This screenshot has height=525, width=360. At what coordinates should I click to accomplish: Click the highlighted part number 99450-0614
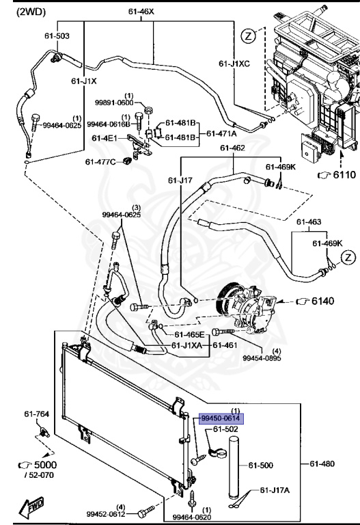pyautogui.click(x=221, y=418)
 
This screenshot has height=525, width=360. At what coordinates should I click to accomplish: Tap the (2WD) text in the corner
pyautogui.click(x=31, y=12)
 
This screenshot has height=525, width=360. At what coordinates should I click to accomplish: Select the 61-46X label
pyautogui.click(x=141, y=12)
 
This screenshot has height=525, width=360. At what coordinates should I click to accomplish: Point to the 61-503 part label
pyautogui.click(x=57, y=36)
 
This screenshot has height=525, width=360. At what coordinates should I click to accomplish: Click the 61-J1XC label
pyautogui.click(x=234, y=64)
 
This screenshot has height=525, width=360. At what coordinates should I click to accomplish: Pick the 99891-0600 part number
pyautogui.click(x=114, y=103)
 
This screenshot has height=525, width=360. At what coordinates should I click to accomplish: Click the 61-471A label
pyautogui.click(x=221, y=133)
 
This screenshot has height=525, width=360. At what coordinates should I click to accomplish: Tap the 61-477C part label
pyautogui.click(x=100, y=162)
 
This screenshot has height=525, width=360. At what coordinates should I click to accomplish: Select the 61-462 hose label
pyautogui.click(x=232, y=148)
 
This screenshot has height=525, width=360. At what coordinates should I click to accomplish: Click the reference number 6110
pyautogui.click(x=344, y=175)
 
